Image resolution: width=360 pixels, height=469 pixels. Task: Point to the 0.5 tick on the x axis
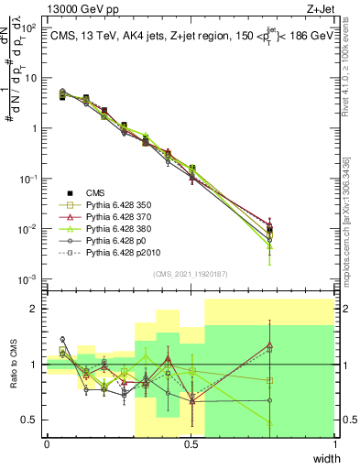point(191,444)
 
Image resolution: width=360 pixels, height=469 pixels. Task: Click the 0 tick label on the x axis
point(47,444)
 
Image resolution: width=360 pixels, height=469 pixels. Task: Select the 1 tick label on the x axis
point(335,444)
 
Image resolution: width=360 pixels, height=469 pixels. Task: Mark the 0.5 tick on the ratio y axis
point(31,420)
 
